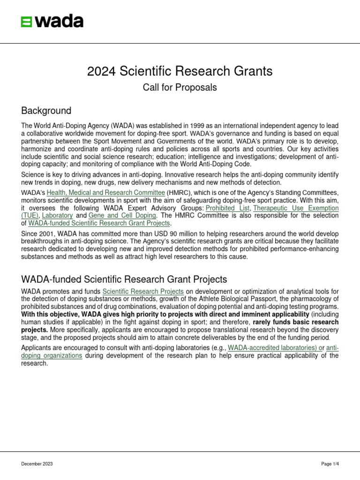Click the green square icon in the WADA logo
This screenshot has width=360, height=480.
pos(27,22)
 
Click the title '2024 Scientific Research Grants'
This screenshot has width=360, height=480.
pos(180,71)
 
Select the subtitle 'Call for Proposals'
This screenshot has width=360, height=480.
pos(180,88)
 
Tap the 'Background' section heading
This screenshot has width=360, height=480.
pos(46,111)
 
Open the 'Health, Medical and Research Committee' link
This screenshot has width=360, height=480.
pos(105,193)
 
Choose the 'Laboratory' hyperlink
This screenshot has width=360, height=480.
pos(57,216)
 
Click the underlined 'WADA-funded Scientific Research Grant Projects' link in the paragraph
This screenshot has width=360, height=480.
pos(99,223)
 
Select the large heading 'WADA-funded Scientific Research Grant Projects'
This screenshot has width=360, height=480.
pos(124,280)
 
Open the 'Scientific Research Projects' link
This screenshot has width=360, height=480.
pos(143,292)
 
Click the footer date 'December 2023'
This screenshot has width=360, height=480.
pos(37,464)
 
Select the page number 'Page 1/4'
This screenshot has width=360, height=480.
pos(330,464)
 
